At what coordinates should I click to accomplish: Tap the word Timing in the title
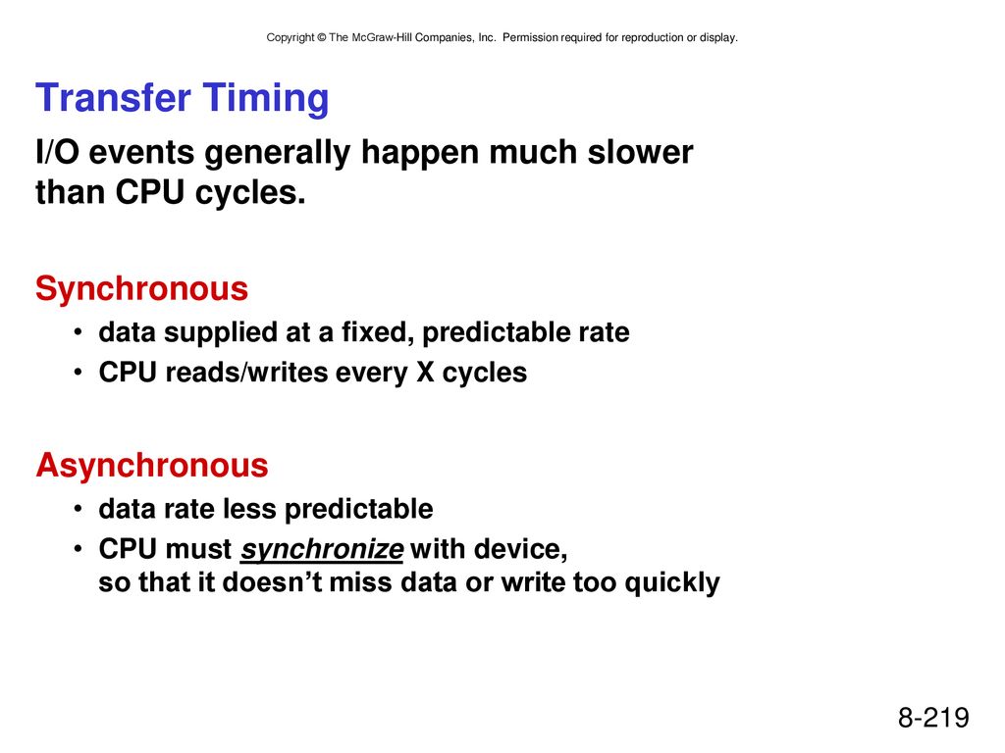tap(266, 100)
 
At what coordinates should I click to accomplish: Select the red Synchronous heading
tap(141, 290)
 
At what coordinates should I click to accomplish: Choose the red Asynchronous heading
tap(152, 466)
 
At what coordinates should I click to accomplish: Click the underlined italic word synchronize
tap(322, 550)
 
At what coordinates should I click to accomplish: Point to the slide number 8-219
tap(933, 717)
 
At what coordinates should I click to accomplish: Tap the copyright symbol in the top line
tap(322, 38)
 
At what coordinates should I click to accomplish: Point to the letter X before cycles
tap(425, 373)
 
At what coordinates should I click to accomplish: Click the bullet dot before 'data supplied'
tap(78, 333)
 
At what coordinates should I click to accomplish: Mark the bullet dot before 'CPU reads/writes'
tap(78, 373)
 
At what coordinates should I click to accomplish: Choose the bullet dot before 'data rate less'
tap(78, 510)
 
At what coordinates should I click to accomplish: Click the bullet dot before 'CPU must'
tap(78, 549)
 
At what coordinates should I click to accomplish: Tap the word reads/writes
tap(246, 373)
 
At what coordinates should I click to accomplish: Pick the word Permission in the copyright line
tap(530, 38)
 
